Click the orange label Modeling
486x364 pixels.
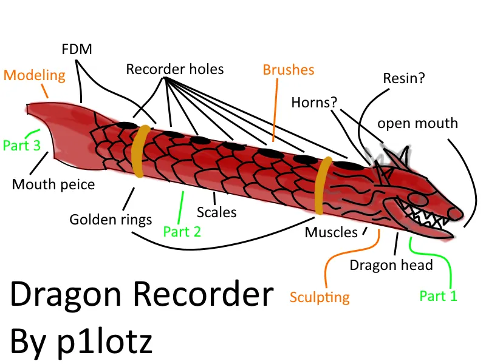pos(35,75)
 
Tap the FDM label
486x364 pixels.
pos(77,49)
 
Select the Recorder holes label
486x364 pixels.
pos(175,69)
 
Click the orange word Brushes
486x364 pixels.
pos(289,70)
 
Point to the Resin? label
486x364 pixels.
pos(404,78)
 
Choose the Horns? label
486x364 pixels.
pos(314,102)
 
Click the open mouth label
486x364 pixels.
pos(417,124)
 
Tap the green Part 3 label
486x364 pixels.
pos(22,145)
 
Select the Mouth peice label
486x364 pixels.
pos(53,184)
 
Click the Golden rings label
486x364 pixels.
pos(111,220)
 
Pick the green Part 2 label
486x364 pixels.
pos(182,232)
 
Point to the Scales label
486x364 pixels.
pos(217,212)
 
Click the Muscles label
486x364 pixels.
pos(331,232)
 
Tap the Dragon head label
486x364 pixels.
pos(391,265)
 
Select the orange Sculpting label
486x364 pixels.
pos(320,297)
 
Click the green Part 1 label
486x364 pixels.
pos(438,296)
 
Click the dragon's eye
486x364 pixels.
pos(416,198)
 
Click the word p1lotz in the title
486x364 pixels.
pos(104,342)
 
